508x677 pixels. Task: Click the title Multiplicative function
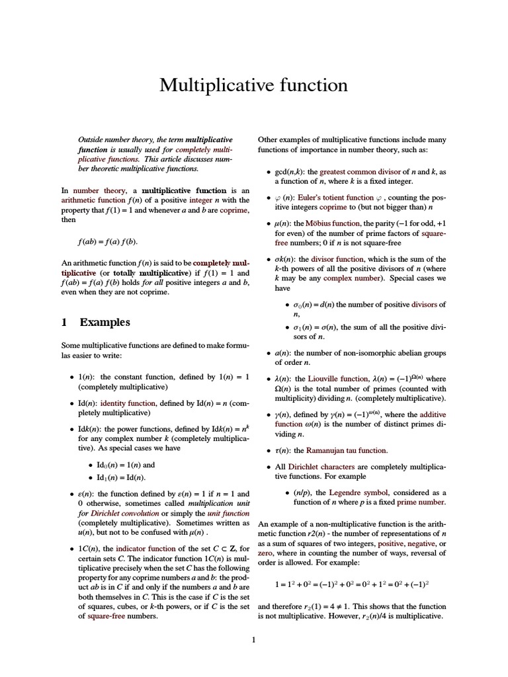tap(253, 85)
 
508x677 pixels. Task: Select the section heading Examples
tap(105, 323)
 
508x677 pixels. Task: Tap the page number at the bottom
tap(253, 639)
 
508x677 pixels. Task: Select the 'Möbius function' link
tap(337, 223)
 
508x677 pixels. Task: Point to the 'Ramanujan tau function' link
tap(347, 450)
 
